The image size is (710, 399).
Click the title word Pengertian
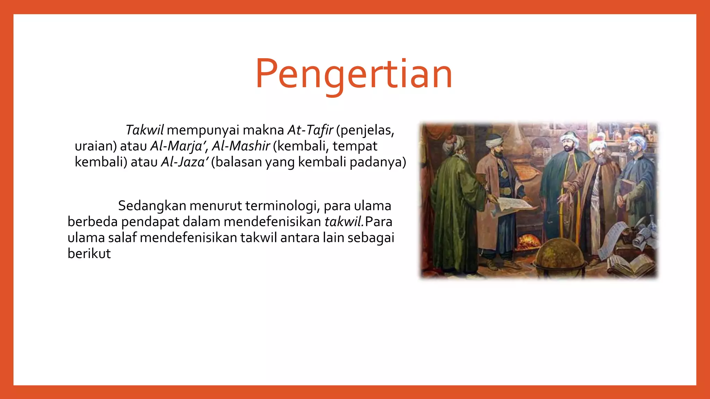(x=354, y=74)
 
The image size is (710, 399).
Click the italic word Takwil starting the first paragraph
(x=144, y=130)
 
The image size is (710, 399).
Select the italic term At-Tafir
(x=310, y=130)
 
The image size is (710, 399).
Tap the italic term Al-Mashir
(x=241, y=146)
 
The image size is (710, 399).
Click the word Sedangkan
(x=152, y=206)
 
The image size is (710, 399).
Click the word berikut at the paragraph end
(x=89, y=254)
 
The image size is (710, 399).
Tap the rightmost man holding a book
(x=636, y=187)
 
